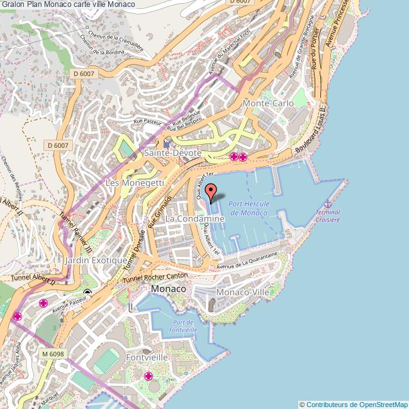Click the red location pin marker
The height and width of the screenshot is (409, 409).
click(x=211, y=192)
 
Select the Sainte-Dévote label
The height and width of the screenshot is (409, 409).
click(x=172, y=153)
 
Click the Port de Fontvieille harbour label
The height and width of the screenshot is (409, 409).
click(x=182, y=326)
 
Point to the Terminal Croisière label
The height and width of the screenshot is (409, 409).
click(x=327, y=216)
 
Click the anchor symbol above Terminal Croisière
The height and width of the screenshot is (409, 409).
click(x=327, y=203)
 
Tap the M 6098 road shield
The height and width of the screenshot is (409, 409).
click(x=53, y=354)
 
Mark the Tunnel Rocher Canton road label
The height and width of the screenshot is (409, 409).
click(x=155, y=277)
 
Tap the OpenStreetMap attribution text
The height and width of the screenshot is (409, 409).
click(x=353, y=404)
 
